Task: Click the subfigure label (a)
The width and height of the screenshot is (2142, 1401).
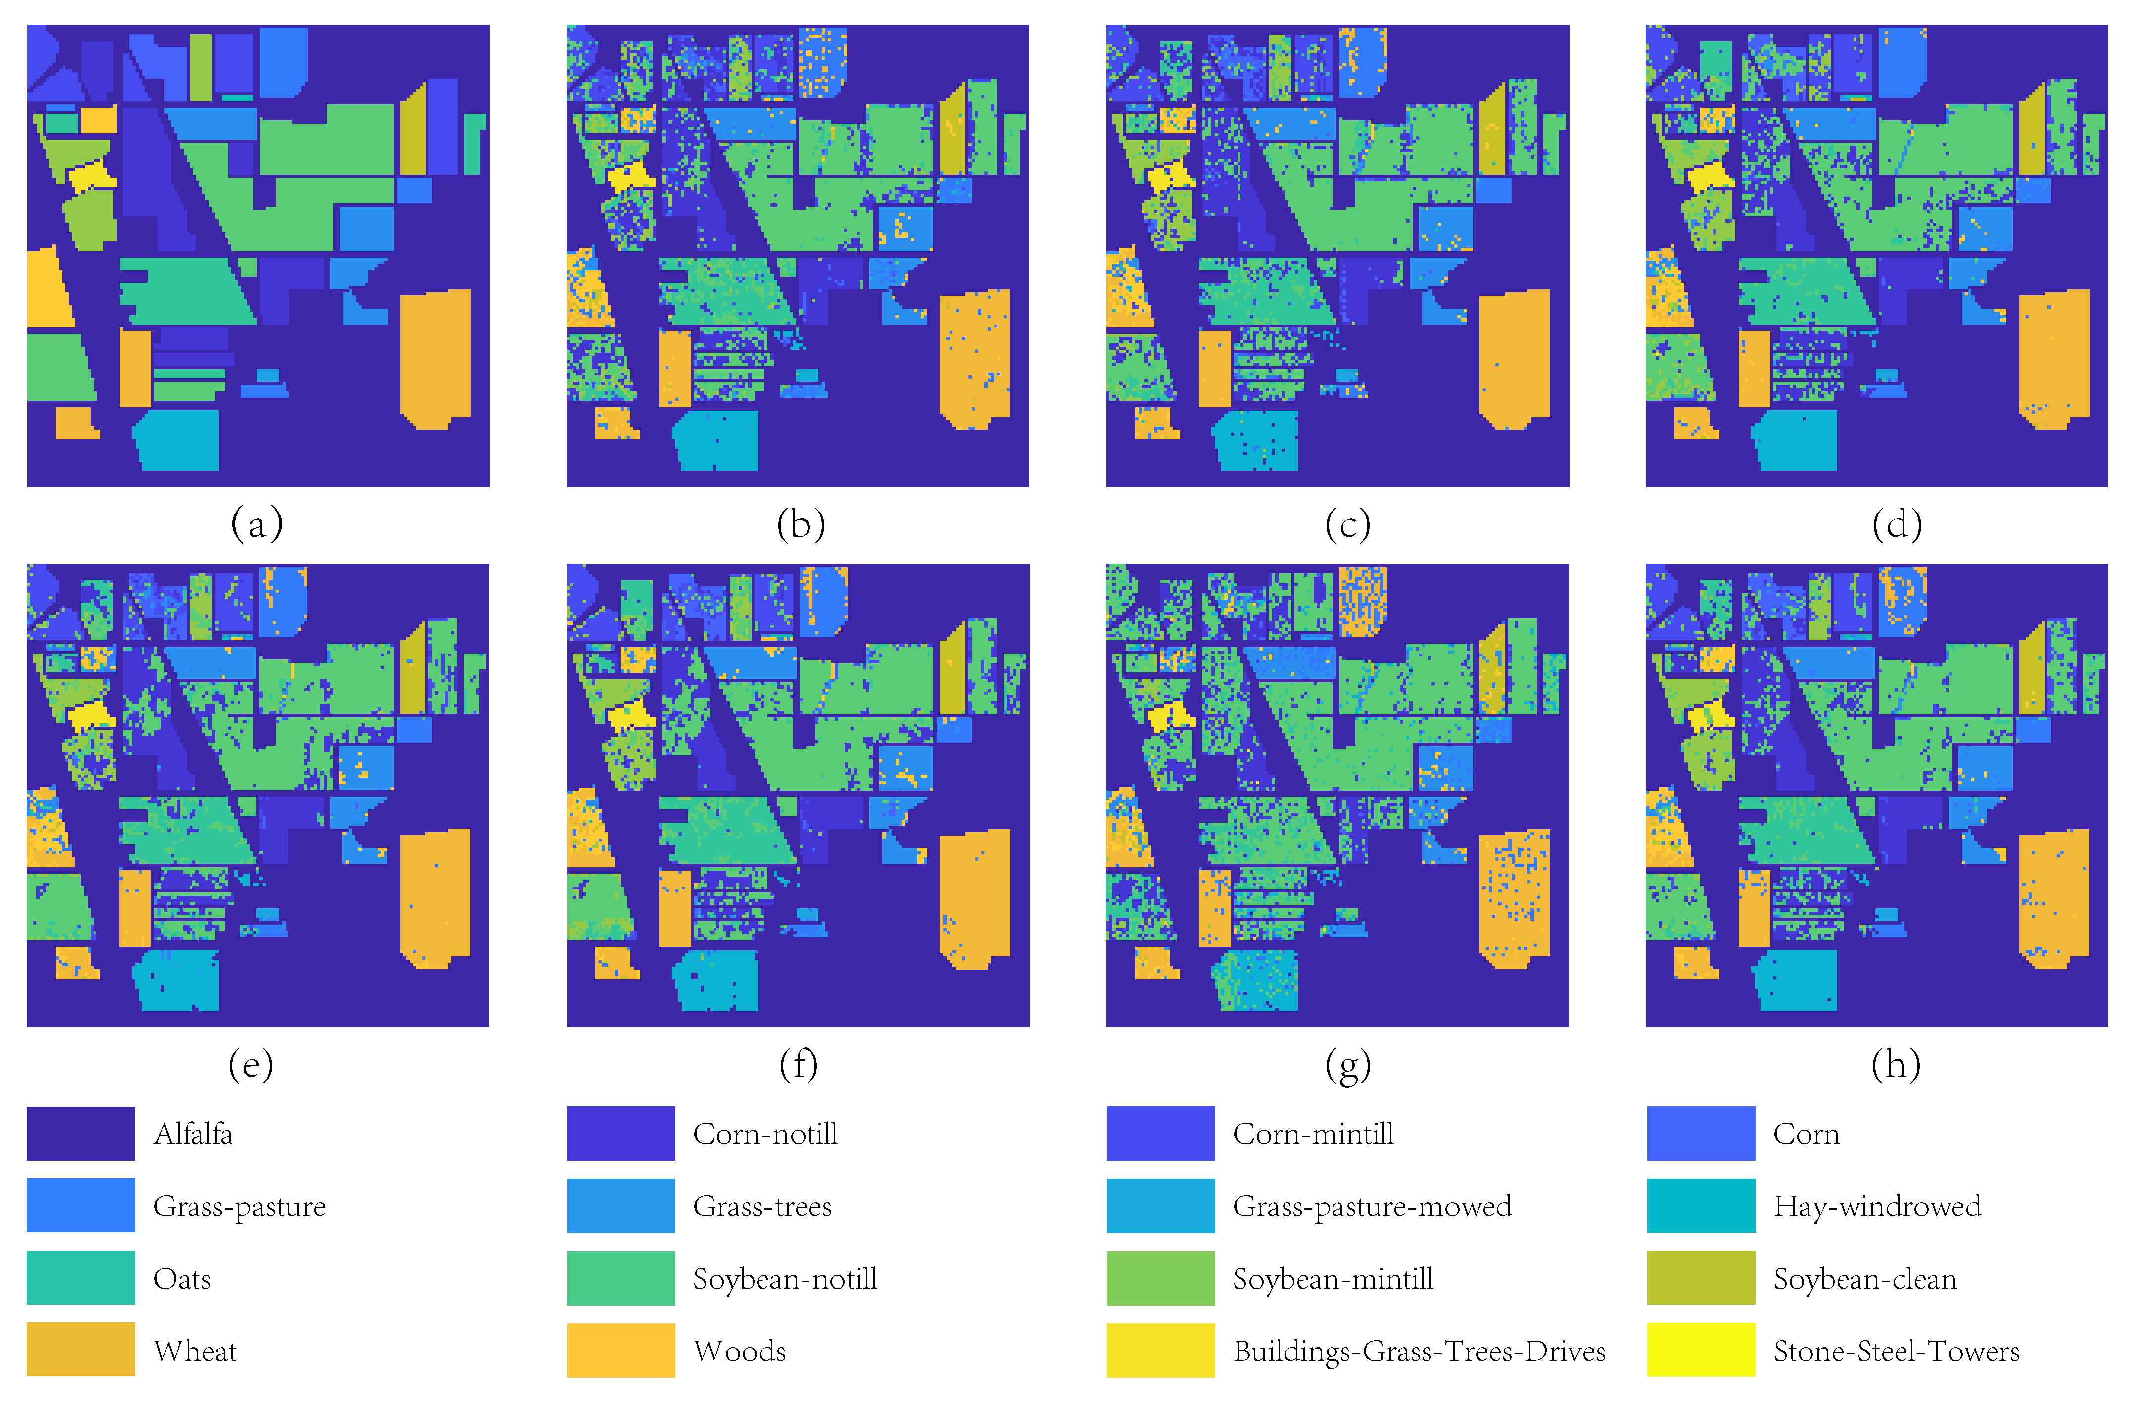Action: pos(256,524)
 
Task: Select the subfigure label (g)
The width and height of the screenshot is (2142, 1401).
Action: pos(1347,1065)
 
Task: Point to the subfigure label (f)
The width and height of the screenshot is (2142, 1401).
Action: pos(798,1065)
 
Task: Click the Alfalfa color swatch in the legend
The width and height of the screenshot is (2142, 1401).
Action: pos(80,1133)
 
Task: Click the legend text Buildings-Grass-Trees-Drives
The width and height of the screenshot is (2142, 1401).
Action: pos(1419,1351)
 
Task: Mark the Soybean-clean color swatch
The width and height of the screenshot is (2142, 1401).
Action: pos(1700,1278)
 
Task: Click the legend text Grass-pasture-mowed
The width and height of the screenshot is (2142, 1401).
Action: pos(1372,1206)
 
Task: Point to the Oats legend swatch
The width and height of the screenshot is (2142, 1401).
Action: pos(80,1278)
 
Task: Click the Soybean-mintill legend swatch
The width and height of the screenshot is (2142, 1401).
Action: pos(1160,1278)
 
